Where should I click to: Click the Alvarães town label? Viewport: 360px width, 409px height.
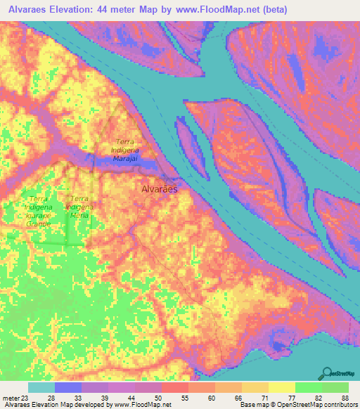coord(160,190)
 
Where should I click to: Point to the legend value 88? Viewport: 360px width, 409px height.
coord(345,397)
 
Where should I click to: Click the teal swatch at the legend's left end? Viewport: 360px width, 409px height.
coord(41,387)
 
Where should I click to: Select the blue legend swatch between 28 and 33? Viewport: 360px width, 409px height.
coord(67,387)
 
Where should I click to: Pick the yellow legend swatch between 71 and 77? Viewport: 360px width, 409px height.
coord(281,387)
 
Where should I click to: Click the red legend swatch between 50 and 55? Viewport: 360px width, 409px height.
coord(174,387)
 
